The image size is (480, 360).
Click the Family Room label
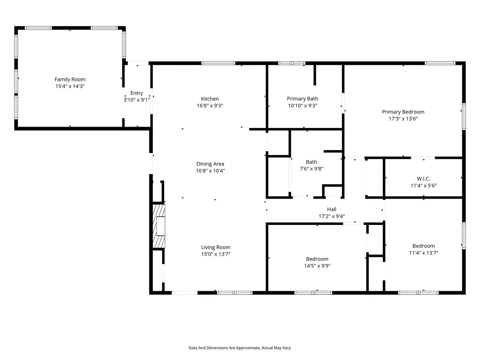click(70, 79)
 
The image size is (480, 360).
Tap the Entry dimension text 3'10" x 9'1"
click(137, 100)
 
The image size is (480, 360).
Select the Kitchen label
click(210, 99)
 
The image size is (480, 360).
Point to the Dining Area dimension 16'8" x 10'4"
click(210, 171)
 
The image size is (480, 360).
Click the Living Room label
click(216, 247)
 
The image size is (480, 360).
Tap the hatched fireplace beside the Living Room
click(159, 226)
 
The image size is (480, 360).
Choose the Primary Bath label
click(302, 99)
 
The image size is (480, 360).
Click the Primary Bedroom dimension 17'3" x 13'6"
click(403, 119)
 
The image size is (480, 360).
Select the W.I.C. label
click(423, 179)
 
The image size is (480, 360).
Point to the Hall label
click(332, 209)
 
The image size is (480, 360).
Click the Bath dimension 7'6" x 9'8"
click(311, 169)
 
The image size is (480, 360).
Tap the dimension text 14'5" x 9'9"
click(317, 266)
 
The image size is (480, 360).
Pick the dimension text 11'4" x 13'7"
click(424, 253)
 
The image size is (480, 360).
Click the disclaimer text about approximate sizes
click(240, 348)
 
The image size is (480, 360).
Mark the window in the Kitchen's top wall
click(218, 63)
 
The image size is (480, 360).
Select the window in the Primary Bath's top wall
click(292, 63)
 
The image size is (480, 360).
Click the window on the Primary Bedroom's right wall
click(464, 117)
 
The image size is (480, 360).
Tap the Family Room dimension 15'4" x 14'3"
click(70, 86)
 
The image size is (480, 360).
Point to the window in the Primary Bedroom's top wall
click(440, 63)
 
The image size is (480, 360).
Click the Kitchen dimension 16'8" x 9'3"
click(210, 106)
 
